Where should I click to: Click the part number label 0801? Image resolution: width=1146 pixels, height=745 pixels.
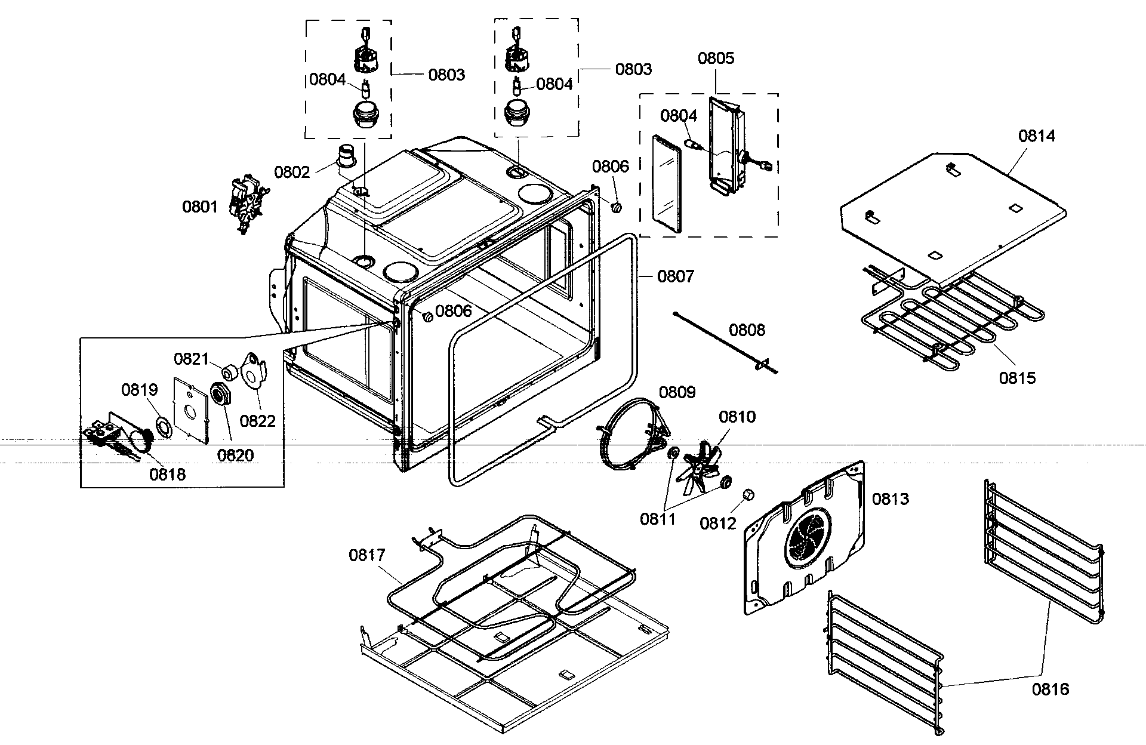[200, 207]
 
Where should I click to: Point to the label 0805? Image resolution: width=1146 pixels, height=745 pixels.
[716, 59]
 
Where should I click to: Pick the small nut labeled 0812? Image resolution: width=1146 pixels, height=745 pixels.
[748, 495]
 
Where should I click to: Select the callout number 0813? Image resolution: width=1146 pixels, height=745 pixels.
[890, 499]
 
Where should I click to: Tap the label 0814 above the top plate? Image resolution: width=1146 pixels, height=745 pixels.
[1036, 136]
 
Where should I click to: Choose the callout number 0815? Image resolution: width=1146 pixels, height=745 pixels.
[1018, 378]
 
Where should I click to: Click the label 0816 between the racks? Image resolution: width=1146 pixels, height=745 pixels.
[1050, 689]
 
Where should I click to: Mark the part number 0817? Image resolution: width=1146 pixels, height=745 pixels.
[367, 556]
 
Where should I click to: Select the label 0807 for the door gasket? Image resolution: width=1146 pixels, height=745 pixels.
[676, 276]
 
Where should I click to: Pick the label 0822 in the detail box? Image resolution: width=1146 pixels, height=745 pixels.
[258, 421]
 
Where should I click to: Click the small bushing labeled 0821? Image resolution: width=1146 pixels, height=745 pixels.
[228, 374]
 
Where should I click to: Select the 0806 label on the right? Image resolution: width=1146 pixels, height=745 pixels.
[610, 167]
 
